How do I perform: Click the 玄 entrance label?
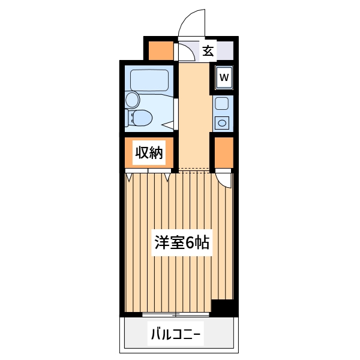point(208,50)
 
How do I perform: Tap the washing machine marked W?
point(224,77)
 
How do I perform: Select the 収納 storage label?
point(148,153)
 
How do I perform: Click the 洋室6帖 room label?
point(182,243)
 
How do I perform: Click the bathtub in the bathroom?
point(149,80)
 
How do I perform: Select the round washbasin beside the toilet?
point(131,100)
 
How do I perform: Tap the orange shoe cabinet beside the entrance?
point(160,50)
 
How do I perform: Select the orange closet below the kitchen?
point(224,154)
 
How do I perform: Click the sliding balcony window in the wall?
point(176,314)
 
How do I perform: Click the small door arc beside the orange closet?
point(223,179)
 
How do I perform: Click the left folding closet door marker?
point(129,176)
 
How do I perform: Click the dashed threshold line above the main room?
point(193,169)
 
